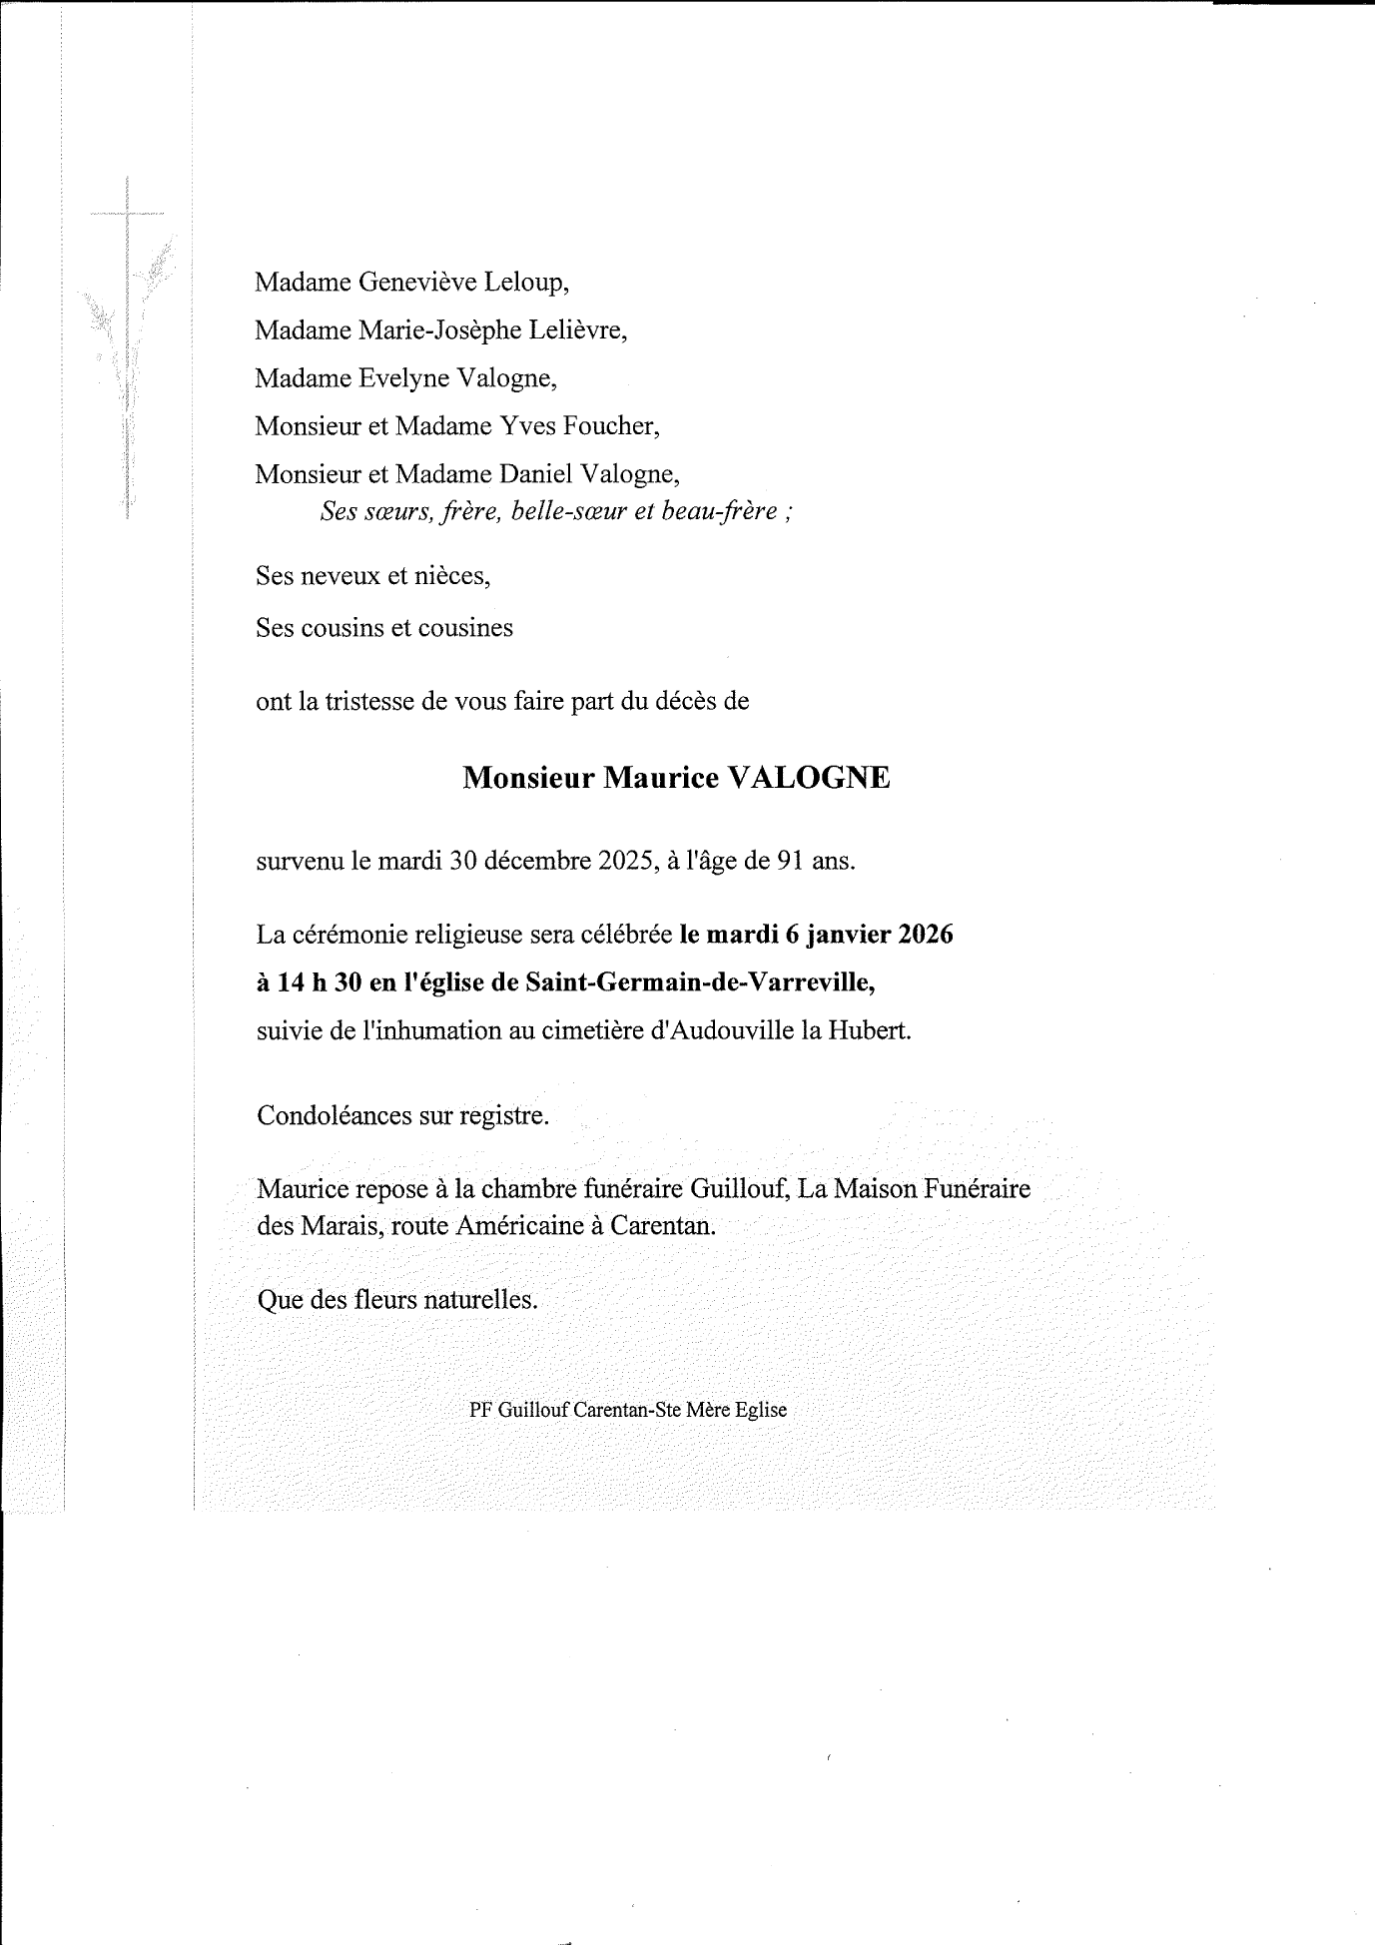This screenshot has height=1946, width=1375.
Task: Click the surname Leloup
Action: (x=526, y=283)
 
